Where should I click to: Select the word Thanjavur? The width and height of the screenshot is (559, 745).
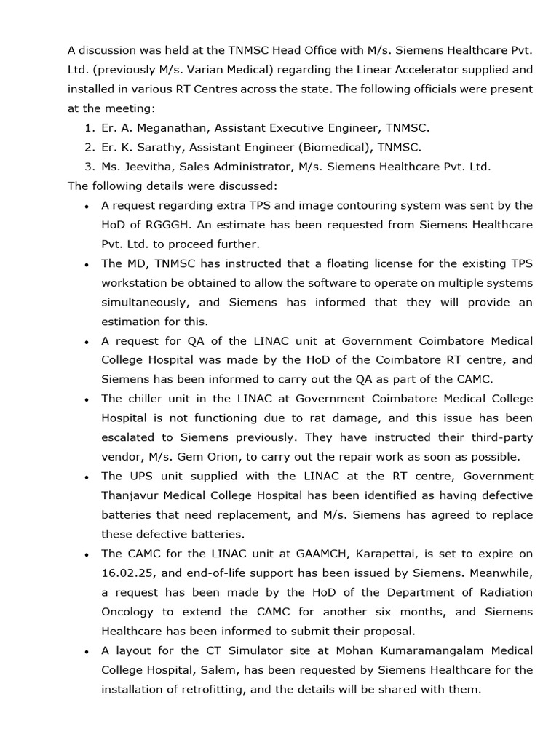click(x=133, y=495)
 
